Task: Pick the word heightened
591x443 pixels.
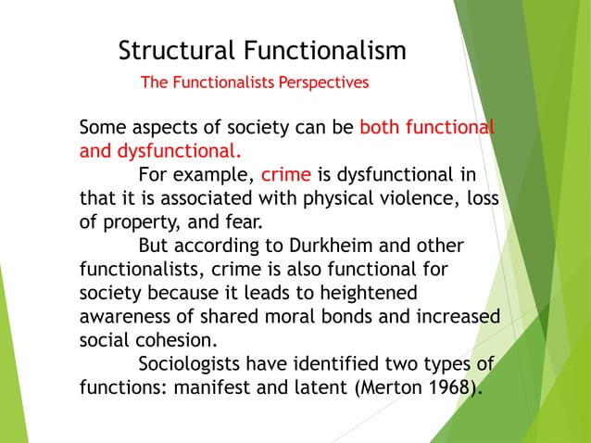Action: [x=368, y=293]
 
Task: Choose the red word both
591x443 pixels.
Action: [x=382, y=127]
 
